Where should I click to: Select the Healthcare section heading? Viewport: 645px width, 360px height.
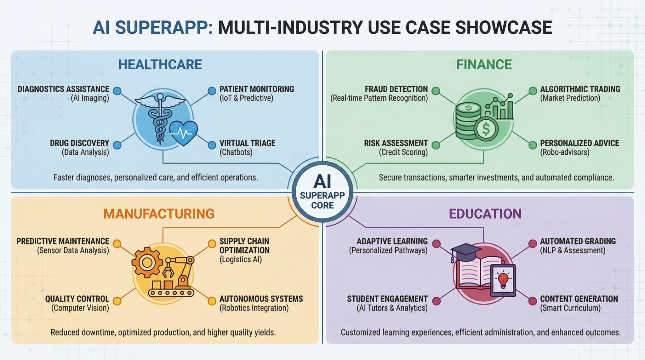coord(160,65)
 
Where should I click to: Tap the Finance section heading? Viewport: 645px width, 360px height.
coord(484,65)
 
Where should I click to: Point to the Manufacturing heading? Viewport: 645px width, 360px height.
coord(159,214)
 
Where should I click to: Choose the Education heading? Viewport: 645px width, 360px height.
coord(485,214)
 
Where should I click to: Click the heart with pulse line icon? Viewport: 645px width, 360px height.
coord(183,133)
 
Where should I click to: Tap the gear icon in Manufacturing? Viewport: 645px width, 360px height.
coord(146,262)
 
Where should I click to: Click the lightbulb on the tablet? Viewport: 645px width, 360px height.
coord(503,279)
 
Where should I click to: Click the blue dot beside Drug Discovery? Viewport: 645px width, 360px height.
coord(117,145)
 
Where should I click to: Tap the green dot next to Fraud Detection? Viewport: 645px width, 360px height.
coord(436,91)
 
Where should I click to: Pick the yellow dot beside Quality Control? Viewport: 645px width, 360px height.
coord(117,301)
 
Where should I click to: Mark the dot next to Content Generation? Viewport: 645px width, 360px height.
coord(533,301)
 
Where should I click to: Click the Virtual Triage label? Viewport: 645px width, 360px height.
coord(247,143)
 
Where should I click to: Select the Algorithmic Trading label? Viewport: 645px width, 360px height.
coord(580,89)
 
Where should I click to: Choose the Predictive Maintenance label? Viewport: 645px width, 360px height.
coord(63,242)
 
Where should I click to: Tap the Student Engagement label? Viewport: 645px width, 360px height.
coord(387,299)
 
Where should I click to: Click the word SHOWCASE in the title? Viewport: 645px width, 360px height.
coord(504,28)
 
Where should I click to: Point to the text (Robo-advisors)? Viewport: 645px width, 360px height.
coord(565,152)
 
